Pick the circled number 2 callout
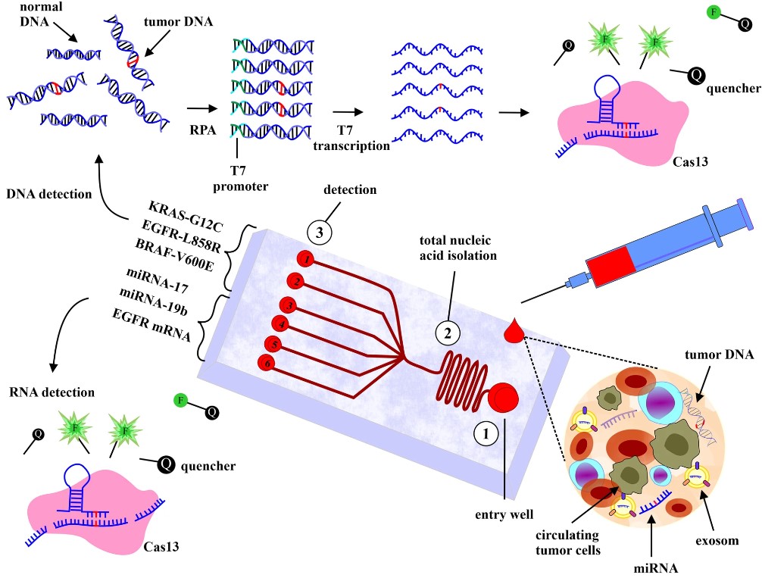[x=448, y=332]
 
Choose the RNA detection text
[x=52, y=392]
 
